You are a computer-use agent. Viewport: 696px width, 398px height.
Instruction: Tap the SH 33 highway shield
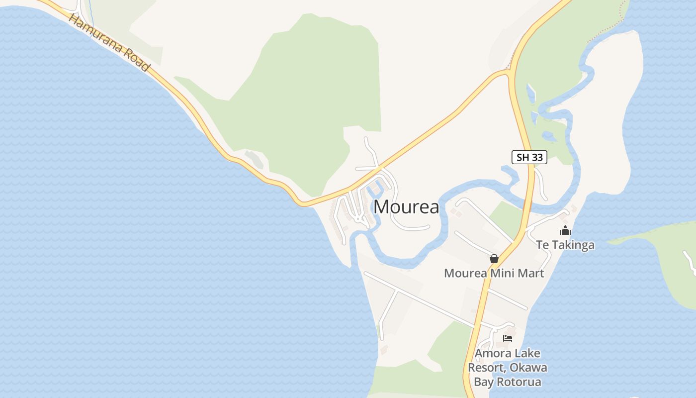[x=529, y=158]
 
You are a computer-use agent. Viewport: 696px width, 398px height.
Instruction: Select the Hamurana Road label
[x=109, y=43]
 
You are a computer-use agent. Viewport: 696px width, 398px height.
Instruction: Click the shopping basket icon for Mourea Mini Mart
[x=494, y=259]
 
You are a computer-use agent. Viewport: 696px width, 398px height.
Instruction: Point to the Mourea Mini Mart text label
[x=494, y=273]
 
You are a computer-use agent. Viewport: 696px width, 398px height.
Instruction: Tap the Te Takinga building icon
[x=565, y=231]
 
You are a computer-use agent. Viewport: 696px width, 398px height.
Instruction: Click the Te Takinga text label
[x=565, y=245]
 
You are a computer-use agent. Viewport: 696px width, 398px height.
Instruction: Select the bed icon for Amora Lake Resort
[x=507, y=338]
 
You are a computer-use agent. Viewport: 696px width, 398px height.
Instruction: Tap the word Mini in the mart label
[x=504, y=273]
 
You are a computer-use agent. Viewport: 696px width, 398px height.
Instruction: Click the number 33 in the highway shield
[x=536, y=158]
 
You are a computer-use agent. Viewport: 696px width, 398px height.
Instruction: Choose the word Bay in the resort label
[x=482, y=382]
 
